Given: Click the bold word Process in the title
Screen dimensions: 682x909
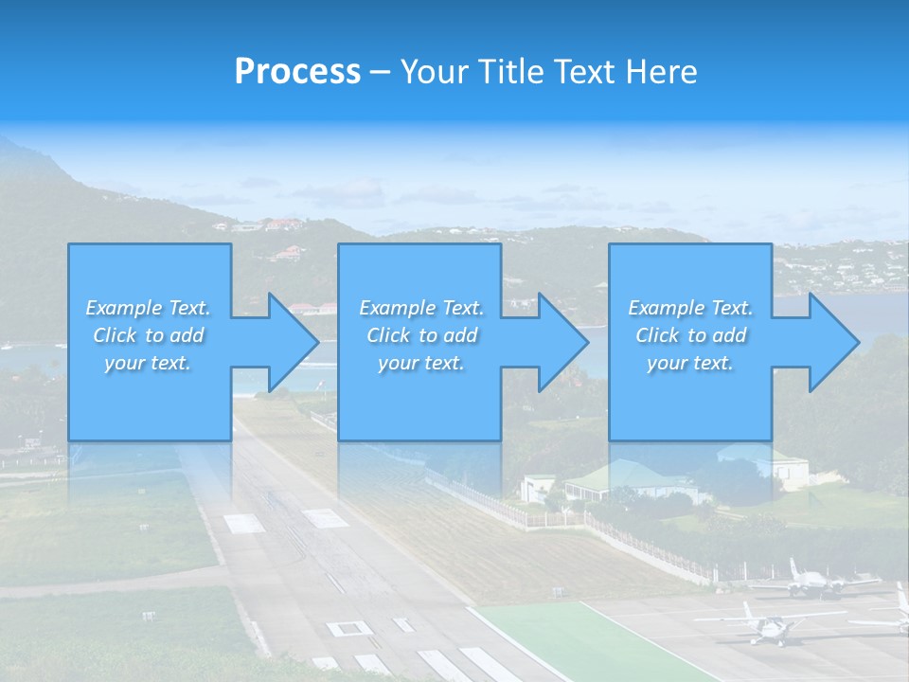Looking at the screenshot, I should tap(297, 72).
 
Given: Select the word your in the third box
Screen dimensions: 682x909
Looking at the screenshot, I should tap(667, 363).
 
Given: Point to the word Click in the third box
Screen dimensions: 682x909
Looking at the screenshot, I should tap(658, 335).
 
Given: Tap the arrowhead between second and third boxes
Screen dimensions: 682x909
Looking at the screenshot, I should tap(562, 342).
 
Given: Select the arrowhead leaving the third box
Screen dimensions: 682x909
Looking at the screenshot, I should tap(833, 342).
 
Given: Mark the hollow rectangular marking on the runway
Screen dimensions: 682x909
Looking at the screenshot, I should tap(348, 628).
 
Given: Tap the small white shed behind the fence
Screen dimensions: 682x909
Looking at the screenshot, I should tap(536, 488).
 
